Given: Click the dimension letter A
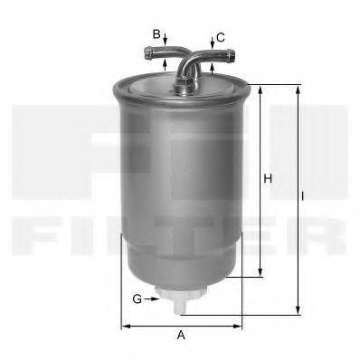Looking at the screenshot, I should click(181, 336).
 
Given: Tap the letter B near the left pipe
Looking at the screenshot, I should click(156, 33).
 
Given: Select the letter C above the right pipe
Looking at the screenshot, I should click(221, 37).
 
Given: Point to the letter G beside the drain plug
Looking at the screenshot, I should click(137, 298).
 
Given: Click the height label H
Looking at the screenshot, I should click(269, 179).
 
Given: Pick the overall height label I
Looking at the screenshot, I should click(304, 194).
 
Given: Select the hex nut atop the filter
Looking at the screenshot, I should click(185, 84).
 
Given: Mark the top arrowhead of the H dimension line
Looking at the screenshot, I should click(261, 89).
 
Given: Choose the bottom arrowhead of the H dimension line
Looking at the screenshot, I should click(261, 273).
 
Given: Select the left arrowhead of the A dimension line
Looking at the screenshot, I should click(125, 325).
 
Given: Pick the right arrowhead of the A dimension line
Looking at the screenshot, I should click(240, 325).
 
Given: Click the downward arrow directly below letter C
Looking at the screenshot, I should click(212, 45).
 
